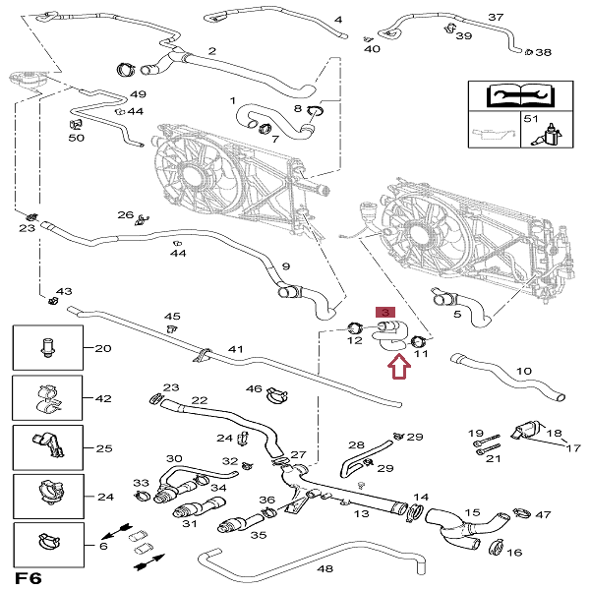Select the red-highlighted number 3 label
point(385,311)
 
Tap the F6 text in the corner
point(27,576)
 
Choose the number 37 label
point(495,18)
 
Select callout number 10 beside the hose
point(523,372)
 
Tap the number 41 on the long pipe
point(235,349)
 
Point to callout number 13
point(362,513)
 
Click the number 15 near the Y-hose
point(472,513)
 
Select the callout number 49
point(138,94)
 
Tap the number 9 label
point(285,266)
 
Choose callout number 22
point(200,400)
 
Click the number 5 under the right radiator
point(457,314)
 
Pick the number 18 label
point(554,433)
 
